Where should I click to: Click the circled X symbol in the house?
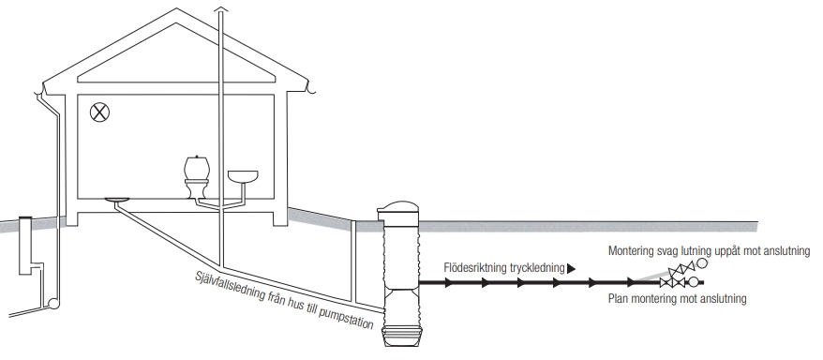pyautogui.click(x=99, y=112)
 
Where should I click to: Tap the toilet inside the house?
pyautogui.click(x=197, y=176)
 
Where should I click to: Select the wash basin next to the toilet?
pyautogui.click(x=243, y=177)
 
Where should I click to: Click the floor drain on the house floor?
pyautogui.click(x=117, y=200)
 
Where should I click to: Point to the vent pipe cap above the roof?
pyautogui.click(x=221, y=9)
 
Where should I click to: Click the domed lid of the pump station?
pyautogui.click(x=398, y=206)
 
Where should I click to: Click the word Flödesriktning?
pyautogui.click(x=475, y=268)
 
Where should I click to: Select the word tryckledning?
pyautogui.click(x=536, y=269)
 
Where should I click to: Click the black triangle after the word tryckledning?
pyautogui.click(x=571, y=269)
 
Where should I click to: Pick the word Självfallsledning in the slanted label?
pyautogui.click(x=230, y=286)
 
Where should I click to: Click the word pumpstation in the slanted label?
pyautogui.click(x=346, y=316)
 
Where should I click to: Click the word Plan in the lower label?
pyautogui.click(x=618, y=299)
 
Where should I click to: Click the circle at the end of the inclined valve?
pyautogui.click(x=701, y=262)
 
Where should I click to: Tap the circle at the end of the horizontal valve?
pyautogui.click(x=694, y=282)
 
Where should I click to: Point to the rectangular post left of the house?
pyautogui.click(x=25, y=245)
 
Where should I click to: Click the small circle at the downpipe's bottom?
pyautogui.click(x=53, y=303)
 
